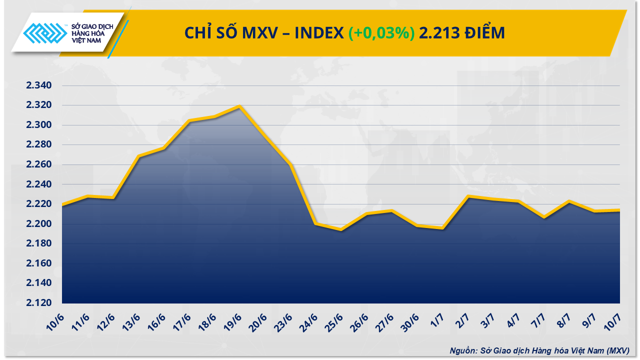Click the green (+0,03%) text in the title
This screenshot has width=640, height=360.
pos(381,33)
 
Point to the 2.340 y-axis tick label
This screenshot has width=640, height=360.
pos(38,85)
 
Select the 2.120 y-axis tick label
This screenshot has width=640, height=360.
pos(38,303)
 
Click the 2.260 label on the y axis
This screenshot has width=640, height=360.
pos(38,164)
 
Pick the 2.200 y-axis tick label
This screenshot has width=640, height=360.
pos(38,224)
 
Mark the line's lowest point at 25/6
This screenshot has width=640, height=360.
pos(341,230)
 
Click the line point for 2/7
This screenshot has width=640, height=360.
pos(468,196)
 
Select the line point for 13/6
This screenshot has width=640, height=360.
pos(138,156)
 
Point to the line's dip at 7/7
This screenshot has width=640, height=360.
pos(544,217)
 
